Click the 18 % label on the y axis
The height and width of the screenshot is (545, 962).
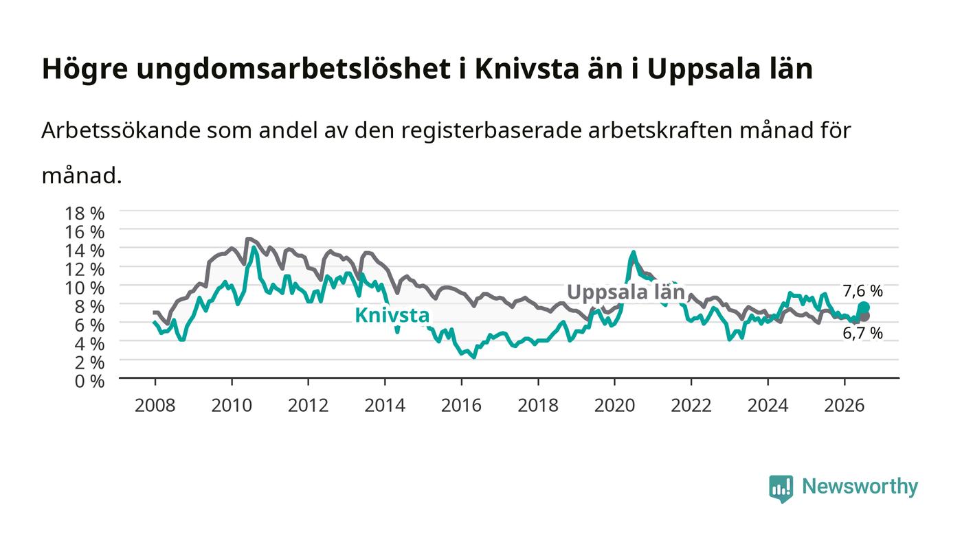click(x=84, y=213)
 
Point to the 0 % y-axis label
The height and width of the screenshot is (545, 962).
click(x=89, y=381)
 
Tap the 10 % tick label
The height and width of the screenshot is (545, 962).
click(x=84, y=288)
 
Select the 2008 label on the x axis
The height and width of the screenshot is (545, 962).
click(x=155, y=406)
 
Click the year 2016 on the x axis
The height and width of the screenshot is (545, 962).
click(x=461, y=406)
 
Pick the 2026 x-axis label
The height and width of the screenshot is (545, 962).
click(x=844, y=406)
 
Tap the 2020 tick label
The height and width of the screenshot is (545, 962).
click(x=614, y=406)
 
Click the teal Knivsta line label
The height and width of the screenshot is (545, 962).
click(x=392, y=316)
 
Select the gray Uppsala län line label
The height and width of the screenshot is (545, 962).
click(x=626, y=292)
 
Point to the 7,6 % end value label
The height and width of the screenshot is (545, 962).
click(x=862, y=291)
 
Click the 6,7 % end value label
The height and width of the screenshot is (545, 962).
click(x=862, y=333)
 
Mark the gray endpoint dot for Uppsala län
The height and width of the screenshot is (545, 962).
click(x=864, y=316)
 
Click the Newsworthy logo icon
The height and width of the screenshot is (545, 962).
click(x=781, y=489)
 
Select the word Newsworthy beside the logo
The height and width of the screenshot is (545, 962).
click(x=860, y=487)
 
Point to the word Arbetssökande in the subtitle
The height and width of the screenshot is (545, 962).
click(x=121, y=130)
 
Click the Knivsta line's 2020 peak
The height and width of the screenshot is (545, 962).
click(x=633, y=253)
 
